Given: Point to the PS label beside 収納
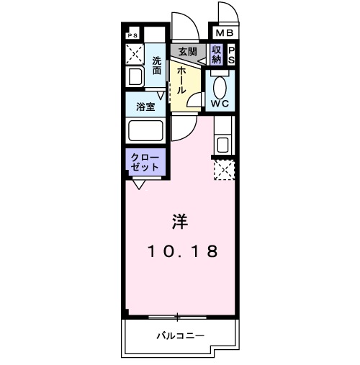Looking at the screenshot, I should tap(232, 55).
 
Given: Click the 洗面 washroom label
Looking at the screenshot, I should tap(156, 66).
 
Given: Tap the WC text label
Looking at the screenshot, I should tap(220, 104).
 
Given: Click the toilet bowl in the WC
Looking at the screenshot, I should tap(220, 85).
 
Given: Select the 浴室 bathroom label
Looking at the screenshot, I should tap(146, 107).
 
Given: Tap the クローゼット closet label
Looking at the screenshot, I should tap(146, 162).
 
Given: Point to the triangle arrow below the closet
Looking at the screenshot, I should tap(138, 184).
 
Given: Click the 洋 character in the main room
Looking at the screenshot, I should tap(180, 222).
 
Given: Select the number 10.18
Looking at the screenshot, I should tap(182, 252).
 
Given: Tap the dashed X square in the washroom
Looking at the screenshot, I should tap(135, 54).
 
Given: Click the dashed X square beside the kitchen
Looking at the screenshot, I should tap(224, 170).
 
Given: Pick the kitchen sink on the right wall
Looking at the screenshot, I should tap(222, 143).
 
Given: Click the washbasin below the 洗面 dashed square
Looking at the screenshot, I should tap(135, 78).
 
